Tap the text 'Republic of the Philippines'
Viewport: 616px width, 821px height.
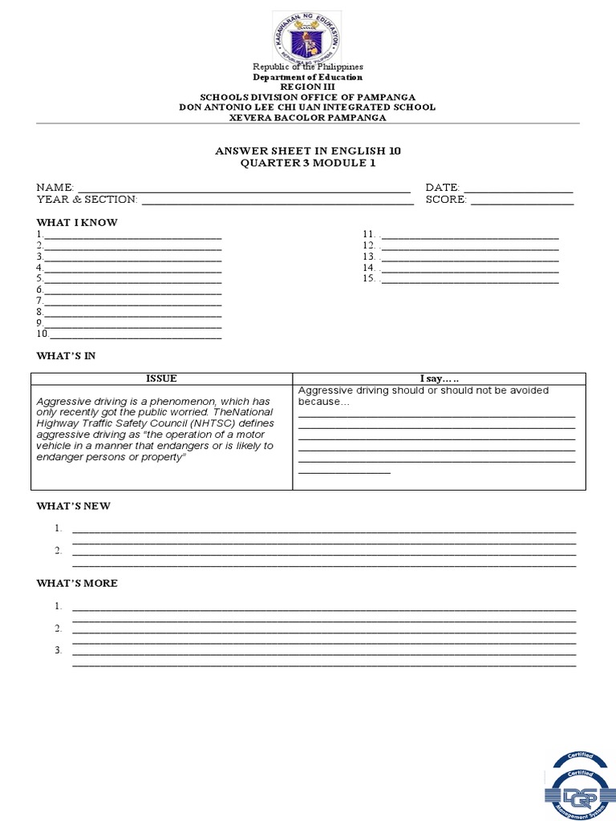pyautogui.click(x=308, y=67)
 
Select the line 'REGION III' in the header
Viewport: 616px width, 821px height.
pyautogui.click(x=308, y=87)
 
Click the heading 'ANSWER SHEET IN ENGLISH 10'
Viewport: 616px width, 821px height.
pyautogui.click(x=308, y=151)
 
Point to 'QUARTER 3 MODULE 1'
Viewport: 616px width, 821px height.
pyautogui.click(x=308, y=163)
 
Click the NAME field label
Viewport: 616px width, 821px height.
pyautogui.click(x=55, y=187)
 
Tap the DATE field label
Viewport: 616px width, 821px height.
pyautogui.click(x=442, y=187)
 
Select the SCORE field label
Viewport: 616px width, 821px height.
pyautogui.click(x=446, y=199)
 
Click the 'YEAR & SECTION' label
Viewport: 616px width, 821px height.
pyautogui.click(x=87, y=199)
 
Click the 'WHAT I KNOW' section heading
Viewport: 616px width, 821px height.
pyautogui.click(x=77, y=222)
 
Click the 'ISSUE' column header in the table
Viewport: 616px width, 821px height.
pyautogui.click(x=161, y=378)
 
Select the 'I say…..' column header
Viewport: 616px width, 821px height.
pyautogui.click(x=439, y=378)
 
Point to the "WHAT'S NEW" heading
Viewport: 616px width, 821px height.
pyautogui.click(x=74, y=506)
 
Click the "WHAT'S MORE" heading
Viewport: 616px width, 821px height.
pyautogui.click(x=77, y=583)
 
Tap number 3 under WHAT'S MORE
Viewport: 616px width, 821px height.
pyautogui.click(x=59, y=650)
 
